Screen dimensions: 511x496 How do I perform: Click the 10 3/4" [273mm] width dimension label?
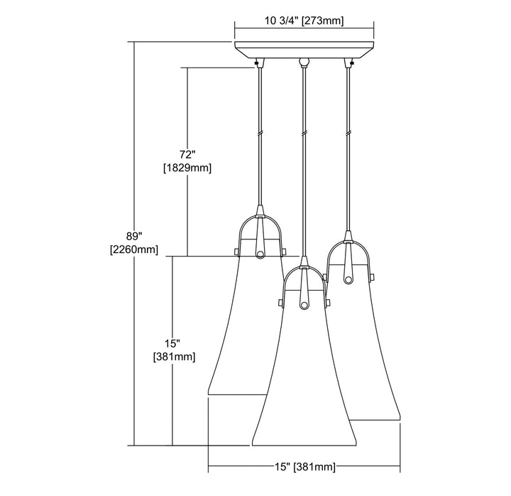(304, 21)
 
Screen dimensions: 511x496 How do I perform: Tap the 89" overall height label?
(134, 236)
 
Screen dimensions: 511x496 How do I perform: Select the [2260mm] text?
(134, 249)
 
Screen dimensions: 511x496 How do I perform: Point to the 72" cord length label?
(187, 154)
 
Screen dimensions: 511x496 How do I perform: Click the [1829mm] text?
(187, 168)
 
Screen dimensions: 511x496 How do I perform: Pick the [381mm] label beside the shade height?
(175, 357)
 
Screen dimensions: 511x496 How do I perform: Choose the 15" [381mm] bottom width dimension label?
(304, 467)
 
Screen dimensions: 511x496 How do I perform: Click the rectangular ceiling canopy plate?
(304, 50)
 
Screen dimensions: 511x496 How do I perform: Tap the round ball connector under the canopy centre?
(304, 61)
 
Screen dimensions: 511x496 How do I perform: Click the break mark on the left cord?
(260, 134)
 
